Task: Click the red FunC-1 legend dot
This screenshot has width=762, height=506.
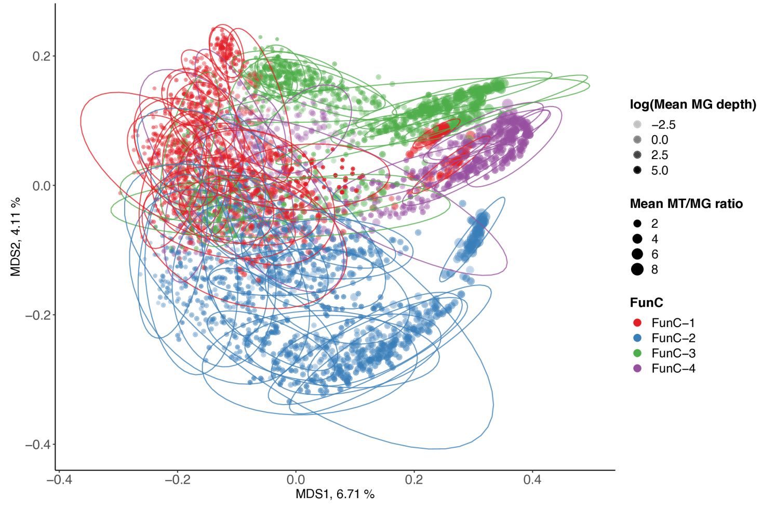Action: pos(638,323)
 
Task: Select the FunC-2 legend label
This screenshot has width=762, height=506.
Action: pos(673,338)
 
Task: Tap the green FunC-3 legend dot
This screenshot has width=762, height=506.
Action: pos(638,353)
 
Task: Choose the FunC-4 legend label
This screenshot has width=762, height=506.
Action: pos(673,369)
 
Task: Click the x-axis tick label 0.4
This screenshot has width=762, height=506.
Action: pos(532,479)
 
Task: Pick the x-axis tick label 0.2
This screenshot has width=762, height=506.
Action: pos(414,479)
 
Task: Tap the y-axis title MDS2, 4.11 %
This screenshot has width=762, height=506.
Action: pos(16,237)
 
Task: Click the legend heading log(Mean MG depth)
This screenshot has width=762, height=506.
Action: pos(693,105)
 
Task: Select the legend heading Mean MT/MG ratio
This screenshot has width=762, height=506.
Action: pos(686,204)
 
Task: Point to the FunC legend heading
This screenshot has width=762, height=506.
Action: pos(646,303)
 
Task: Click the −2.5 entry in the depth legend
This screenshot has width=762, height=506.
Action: pos(663,125)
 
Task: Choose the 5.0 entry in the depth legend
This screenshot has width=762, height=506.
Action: pos(659,171)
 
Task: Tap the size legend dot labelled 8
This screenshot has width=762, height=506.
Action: pos(638,269)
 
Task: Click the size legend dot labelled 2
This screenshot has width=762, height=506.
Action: pos(638,224)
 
